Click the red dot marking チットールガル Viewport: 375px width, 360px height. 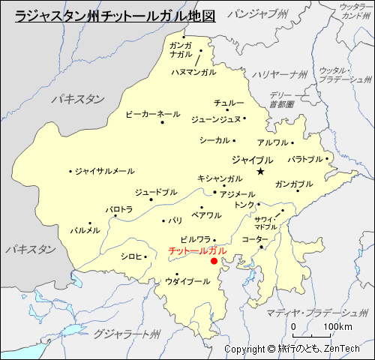[x=214, y=261]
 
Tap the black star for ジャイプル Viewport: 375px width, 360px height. [x=260, y=172]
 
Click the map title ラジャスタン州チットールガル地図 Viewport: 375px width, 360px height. [x=115, y=14]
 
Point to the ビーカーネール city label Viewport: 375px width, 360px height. [x=152, y=113]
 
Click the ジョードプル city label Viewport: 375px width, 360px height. [x=156, y=192]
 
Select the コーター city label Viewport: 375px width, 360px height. [x=254, y=238]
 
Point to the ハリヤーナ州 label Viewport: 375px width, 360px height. [x=279, y=74]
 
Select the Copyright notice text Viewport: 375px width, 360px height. [x=292, y=349]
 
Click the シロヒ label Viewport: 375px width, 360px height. [x=130, y=256]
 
